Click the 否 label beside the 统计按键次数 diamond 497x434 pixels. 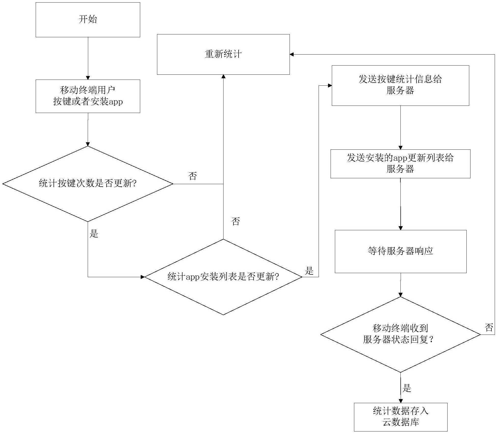click(193, 176)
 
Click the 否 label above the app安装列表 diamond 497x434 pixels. click(236, 221)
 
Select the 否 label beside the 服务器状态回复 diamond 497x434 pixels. click(489, 327)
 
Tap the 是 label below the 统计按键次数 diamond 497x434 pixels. click(94, 233)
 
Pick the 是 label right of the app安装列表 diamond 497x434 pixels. click(309, 271)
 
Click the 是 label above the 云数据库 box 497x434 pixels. click(407, 388)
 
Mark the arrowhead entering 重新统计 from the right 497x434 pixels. click(292, 54)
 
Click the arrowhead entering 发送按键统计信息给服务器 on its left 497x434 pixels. click(330, 85)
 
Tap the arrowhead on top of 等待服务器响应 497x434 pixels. click(400, 228)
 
